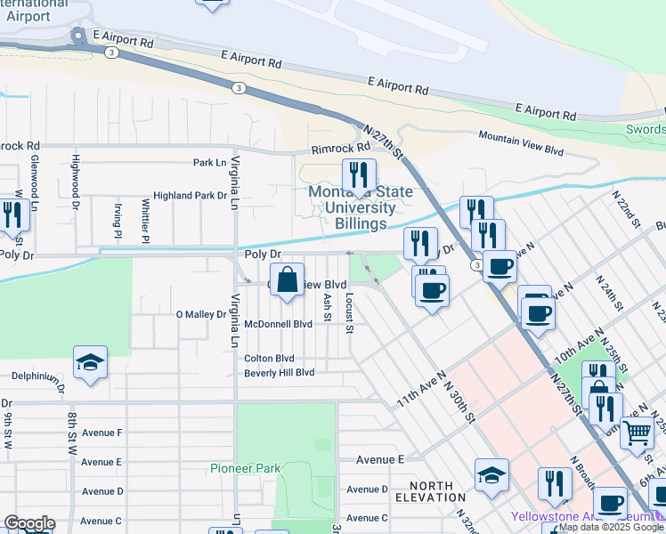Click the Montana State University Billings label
tap(353, 206)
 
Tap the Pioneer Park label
tap(245, 468)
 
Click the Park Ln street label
tap(209, 163)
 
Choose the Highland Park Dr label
tap(190, 195)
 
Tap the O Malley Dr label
tap(203, 314)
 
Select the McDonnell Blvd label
tap(278, 324)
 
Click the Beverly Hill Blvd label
tap(280, 373)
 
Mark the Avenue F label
tap(102, 433)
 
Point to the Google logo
tap(28, 523)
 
